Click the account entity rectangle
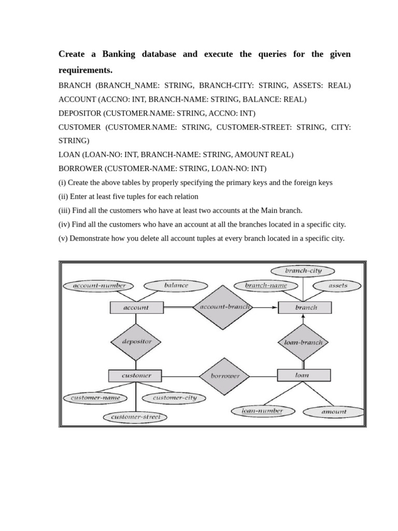(136, 308)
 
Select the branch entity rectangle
(306, 308)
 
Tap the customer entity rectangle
(136, 375)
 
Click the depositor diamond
(136, 341)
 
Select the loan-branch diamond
(304, 342)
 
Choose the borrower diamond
(224, 376)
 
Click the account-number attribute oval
(98, 285)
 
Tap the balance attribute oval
(176, 285)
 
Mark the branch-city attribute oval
(303, 271)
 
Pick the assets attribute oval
(338, 285)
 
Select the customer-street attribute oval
(135, 417)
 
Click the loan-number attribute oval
(263, 411)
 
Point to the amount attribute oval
(334, 412)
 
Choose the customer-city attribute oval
(175, 398)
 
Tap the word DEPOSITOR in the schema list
(80, 113)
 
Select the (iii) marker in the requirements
(64, 211)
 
